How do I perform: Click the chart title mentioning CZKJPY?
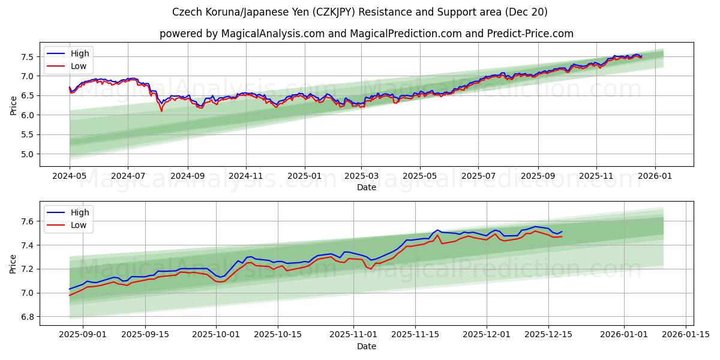pyautogui.click(x=359, y=12)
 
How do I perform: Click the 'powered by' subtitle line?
pyautogui.click(x=366, y=34)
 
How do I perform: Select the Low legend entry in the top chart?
pyautogui.click(x=78, y=66)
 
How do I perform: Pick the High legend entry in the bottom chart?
pyautogui.click(x=79, y=212)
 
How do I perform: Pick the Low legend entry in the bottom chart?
pyautogui.click(x=79, y=225)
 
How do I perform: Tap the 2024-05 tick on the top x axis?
pyautogui.click(x=70, y=176)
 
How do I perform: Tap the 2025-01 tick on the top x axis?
pyautogui.click(x=304, y=176)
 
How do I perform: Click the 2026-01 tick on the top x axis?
pyautogui.click(x=655, y=176)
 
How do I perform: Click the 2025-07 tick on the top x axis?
pyautogui.click(x=478, y=176)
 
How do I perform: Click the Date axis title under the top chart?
pyautogui.click(x=366, y=187)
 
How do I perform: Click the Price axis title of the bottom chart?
pyautogui.click(x=13, y=263)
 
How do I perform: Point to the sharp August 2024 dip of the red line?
pyautogui.click(x=161, y=111)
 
